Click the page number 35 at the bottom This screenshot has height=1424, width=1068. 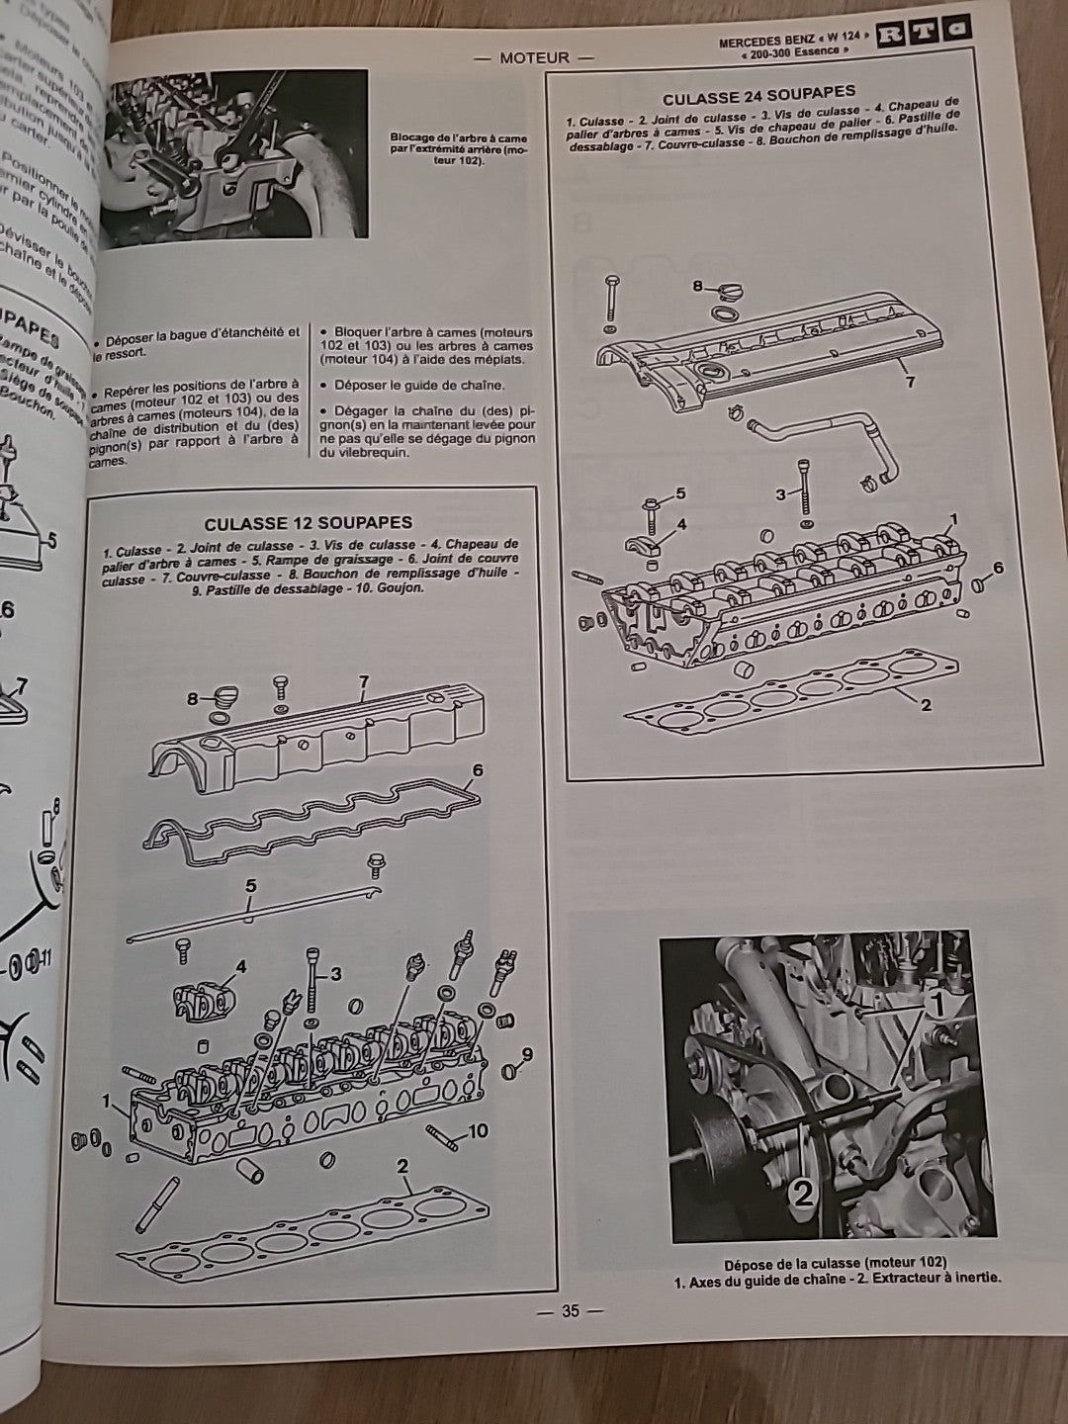point(569,1312)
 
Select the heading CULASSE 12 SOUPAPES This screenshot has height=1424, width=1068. point(309,523)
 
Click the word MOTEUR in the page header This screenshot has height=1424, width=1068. point(534,57)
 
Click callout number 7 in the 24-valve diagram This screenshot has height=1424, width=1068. point(910,382)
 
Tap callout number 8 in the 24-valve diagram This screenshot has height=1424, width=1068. point(697,287)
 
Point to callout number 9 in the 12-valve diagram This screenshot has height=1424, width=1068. point(527,1055)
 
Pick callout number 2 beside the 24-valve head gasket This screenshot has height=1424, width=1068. point(925,705)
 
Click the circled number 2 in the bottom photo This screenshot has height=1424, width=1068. point(804,1194)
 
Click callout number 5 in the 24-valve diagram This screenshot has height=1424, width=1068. point(679,491)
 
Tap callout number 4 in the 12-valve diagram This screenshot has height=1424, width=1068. point(240,966)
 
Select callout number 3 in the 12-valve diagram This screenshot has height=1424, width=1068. point(335,974)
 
